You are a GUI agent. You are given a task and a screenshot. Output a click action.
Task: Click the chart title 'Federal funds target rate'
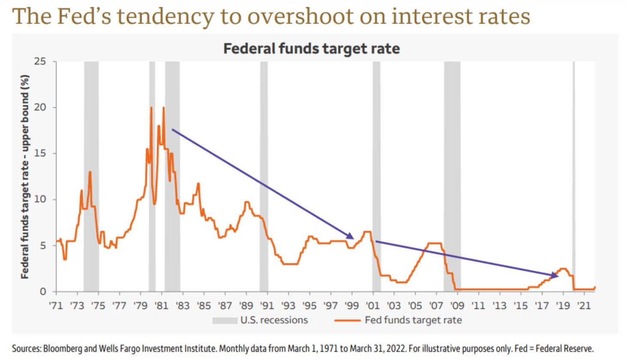point(312,48)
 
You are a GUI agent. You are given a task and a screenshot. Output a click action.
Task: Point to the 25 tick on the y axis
point(40,61)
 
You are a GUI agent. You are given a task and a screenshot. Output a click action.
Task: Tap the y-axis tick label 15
point(40,153)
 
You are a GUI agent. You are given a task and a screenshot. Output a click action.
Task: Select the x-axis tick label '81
point(162,306)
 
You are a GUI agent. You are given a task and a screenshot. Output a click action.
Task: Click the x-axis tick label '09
point(457,306)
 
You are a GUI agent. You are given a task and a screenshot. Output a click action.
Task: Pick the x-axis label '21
point(584,306)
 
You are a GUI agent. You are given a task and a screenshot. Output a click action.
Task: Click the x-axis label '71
point(56,306)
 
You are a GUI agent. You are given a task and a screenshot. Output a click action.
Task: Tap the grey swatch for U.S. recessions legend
point(225,321)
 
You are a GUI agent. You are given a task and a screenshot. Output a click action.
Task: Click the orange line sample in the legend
point(347,321)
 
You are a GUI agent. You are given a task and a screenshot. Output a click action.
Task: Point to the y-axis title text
point(25,177)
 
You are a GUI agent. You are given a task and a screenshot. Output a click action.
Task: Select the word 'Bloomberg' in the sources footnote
point(63,348)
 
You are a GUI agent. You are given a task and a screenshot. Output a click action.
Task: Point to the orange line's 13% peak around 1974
point(90,172)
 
